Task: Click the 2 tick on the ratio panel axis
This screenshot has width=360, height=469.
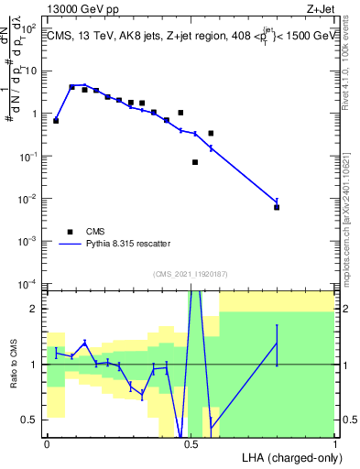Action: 36,309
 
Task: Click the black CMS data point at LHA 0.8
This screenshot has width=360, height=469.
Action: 277,207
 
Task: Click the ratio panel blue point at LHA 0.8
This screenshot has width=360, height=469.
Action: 277,343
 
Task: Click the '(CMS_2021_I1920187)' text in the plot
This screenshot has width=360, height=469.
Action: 191,273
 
